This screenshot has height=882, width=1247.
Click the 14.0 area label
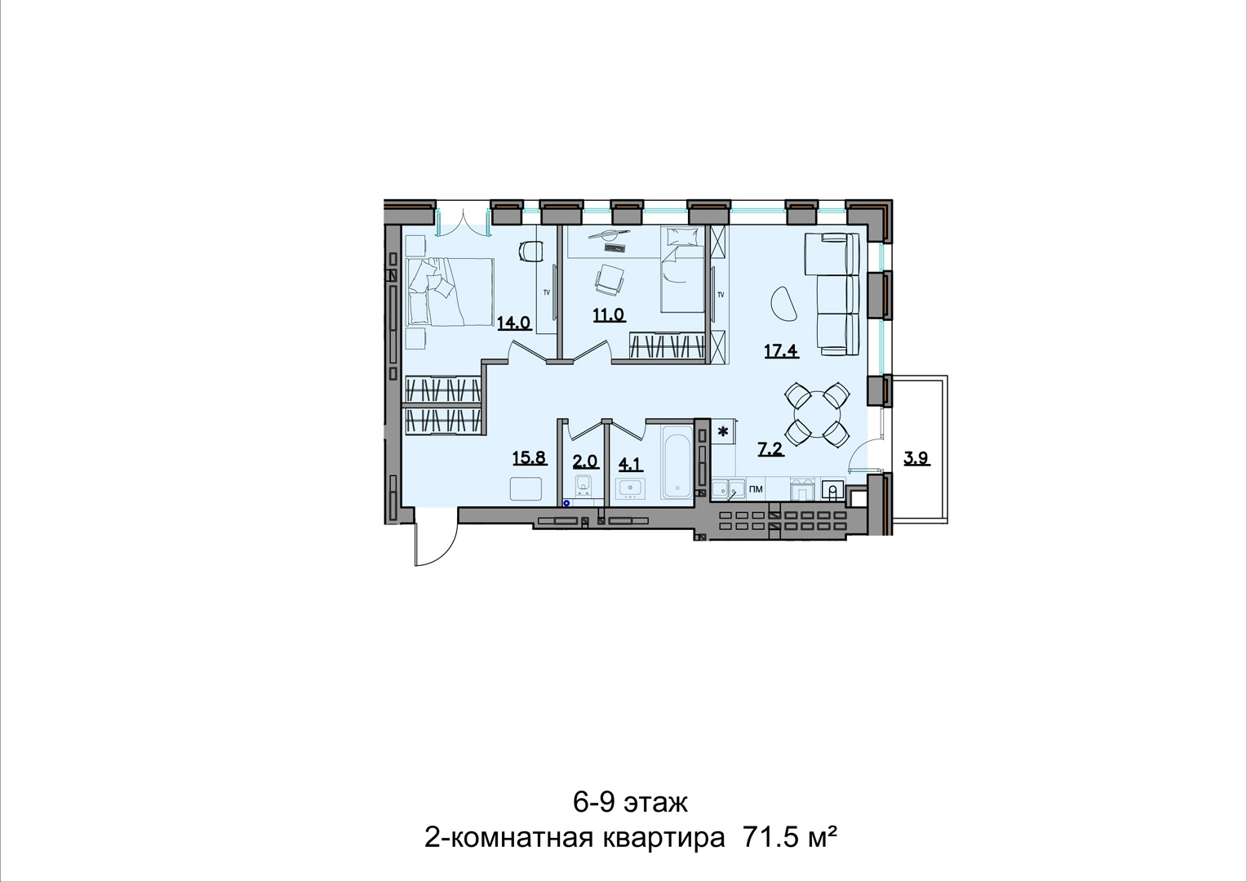(x=514, y=323)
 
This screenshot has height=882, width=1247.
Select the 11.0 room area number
(x=609, y=315)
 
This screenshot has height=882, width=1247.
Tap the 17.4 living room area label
(x=781, y=351)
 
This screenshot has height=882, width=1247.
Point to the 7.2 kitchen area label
(x=771, y=448)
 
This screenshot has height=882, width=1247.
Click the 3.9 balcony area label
(x=916, y=458)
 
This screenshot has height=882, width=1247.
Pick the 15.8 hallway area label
(x=530, y=458)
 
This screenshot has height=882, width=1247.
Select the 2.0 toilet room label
(x=586, y=461)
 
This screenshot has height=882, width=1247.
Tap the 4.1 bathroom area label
(x=630, y=463)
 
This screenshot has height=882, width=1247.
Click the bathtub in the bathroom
(x=677, y=462)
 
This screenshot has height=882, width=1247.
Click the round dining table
(x=817, y=414)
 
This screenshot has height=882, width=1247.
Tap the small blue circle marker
(x=566, y=503)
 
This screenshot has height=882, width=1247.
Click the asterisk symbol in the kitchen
(x=723, y=431)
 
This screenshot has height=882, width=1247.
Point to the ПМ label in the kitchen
(x=756, y=490)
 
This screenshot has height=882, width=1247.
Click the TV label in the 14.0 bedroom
(x=546, y=292)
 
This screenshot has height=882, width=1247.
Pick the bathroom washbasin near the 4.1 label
(x=630, y=488)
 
